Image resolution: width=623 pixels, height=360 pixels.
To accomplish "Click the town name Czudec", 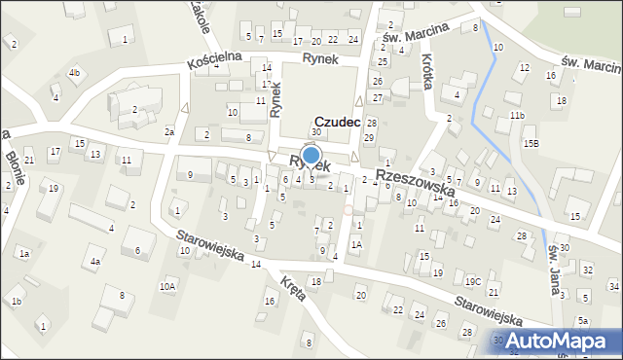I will [x=338, y=122].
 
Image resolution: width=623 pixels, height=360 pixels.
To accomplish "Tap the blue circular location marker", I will [x=311, y=155].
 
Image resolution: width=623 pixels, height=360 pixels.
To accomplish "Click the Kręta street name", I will [x=290, y=288].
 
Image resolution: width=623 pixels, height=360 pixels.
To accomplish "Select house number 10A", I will [x=167, y=285].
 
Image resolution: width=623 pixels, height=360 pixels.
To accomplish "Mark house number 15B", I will [x=531, y=143].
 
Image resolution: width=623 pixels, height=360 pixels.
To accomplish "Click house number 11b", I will [x=516, y=116].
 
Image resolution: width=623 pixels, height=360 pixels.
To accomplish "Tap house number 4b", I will [x=74, y=73].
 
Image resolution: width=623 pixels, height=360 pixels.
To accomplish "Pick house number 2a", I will [x=168, y=131].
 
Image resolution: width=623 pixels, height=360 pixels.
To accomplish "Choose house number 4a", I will [x=95, y=261].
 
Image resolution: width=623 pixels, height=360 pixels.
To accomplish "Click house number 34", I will [x=613, y=286].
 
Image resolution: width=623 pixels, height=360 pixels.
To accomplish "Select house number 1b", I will [x=17, y=302].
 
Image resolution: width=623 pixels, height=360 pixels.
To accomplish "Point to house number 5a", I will [x=582, y=321].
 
